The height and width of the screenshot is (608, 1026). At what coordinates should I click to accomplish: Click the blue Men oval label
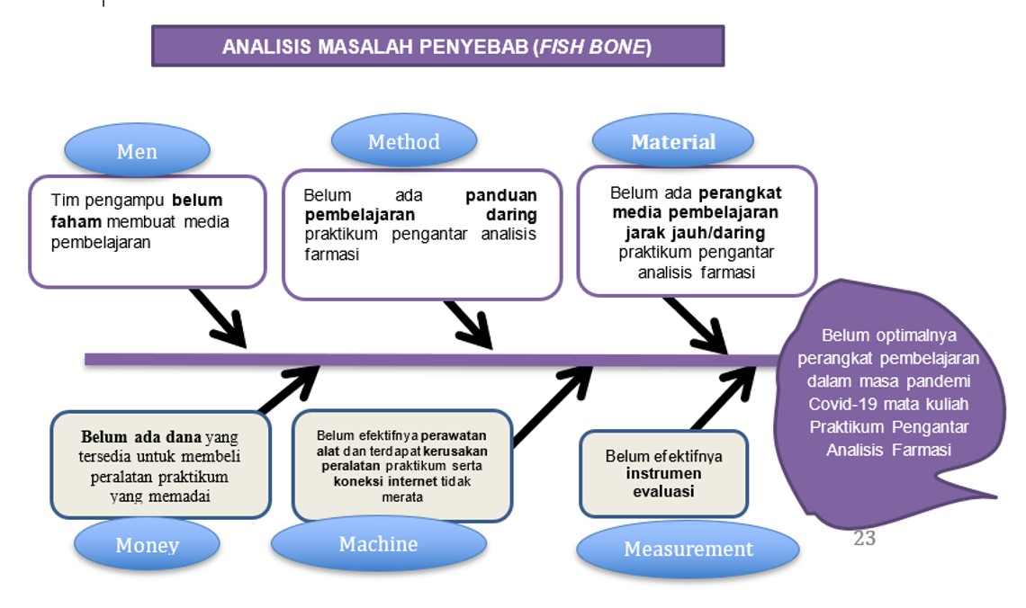137,151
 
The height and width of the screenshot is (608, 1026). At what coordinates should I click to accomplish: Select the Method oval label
403,141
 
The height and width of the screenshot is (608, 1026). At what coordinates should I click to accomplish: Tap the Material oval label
672,141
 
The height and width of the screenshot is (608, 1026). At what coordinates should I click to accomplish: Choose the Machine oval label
378,543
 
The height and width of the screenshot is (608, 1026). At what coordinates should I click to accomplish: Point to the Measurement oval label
688,549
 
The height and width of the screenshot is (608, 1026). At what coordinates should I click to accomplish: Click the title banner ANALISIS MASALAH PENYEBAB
437,47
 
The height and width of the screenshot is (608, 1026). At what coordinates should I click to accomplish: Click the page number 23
864,539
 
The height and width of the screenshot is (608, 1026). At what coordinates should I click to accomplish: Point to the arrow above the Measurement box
724,397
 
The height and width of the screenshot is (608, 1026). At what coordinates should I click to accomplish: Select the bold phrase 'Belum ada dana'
141,437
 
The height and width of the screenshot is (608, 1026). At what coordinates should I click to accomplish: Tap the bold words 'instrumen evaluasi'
663,482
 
